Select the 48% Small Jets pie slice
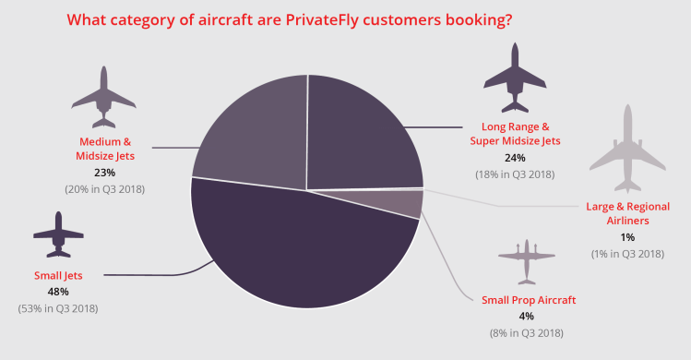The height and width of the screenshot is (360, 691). (x=295, y=249)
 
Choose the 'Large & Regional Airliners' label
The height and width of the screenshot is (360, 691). (x=627, y=213)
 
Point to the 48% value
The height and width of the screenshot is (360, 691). (x=58, y=292)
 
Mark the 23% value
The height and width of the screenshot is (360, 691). (x=105, y=172)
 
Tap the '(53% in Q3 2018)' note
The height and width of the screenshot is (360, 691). (x=58, y=308)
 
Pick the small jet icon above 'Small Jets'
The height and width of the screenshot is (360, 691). (x=58, y=235)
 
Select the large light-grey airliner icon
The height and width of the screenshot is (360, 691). (x=627, y=148)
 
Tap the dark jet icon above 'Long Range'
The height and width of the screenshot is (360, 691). (x=515, y=78)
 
